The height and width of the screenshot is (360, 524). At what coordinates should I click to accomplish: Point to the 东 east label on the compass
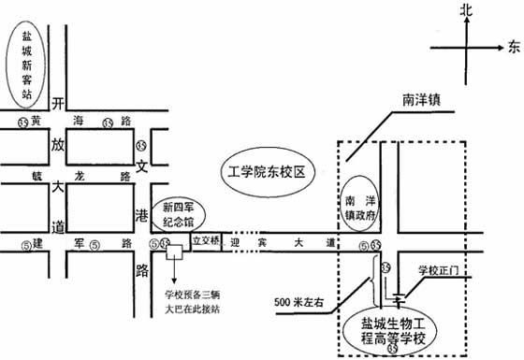tap(514, 45)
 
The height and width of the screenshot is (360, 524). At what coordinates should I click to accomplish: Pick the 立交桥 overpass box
tap(205, 239)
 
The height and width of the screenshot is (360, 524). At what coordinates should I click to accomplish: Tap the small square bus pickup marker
tap(174, 251)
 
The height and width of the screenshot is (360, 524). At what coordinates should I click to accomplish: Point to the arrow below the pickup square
tap(174, 271)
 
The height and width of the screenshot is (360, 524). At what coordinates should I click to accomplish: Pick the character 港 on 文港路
tap(142, 215)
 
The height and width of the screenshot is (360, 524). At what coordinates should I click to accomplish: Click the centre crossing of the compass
tap(466, 45)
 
